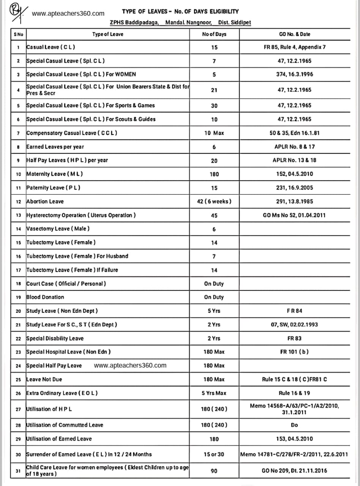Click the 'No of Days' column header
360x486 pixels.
point(214,34)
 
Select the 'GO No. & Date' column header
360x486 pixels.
point(294,34)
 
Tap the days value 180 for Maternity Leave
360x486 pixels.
point(214,174)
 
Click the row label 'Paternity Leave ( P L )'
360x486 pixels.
point(53,188)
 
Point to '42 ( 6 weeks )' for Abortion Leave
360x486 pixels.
point(214,201)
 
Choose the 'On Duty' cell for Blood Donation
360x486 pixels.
point(214,297)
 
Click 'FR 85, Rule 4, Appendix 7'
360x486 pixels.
point(294,47)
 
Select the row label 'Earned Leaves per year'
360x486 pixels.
point(55,147)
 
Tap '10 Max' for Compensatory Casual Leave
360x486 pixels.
point(214,133)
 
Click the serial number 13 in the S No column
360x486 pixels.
point(18,215)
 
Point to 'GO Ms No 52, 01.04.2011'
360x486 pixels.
point(294,215)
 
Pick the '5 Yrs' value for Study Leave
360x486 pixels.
point(214,311)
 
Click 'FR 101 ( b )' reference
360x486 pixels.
point(294,352)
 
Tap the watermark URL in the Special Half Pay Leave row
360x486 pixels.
point(130,365)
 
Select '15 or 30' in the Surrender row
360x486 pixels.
point(214,454)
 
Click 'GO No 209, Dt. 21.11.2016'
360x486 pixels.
point(294,471)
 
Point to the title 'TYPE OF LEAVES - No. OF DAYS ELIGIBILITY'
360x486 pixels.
point(180,12)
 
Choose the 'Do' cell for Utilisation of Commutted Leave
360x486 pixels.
point(294,425)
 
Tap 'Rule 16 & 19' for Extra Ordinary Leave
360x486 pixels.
point(294,393)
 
